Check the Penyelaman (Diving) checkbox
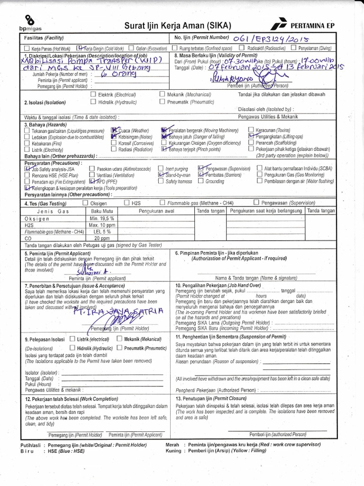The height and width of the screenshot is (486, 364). coord(294,48)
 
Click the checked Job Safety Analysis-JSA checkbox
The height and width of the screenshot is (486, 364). coord(27,168)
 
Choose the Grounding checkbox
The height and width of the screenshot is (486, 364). coord(201,181)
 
